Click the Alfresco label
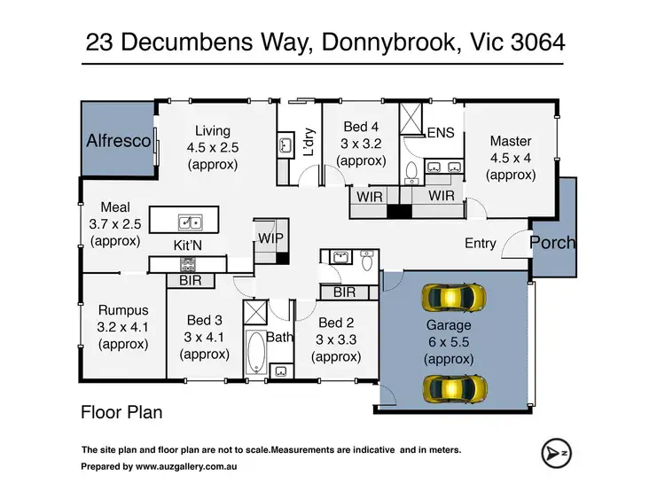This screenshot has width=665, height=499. coord(118,141)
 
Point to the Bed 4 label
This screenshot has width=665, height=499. coord(361,128)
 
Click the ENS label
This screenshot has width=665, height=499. coord(441,134)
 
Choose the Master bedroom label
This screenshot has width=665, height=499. coord(510,141)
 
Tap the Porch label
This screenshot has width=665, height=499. coord(552,242)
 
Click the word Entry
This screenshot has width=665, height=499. coord(480,243)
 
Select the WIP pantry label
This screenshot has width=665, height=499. coord(270,237)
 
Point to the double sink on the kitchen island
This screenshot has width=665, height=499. coord(189,222)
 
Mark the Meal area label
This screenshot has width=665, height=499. coord(115,207)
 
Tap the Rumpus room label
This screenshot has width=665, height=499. coord(123,310)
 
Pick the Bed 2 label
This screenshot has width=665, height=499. coord(336,323)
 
